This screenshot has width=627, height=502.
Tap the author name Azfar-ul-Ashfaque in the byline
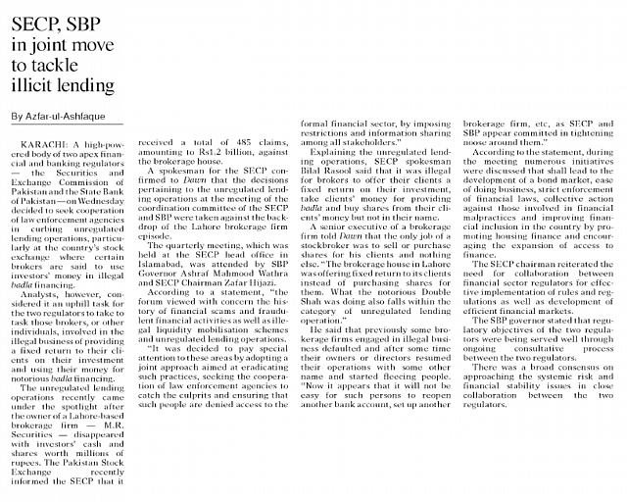67,117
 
